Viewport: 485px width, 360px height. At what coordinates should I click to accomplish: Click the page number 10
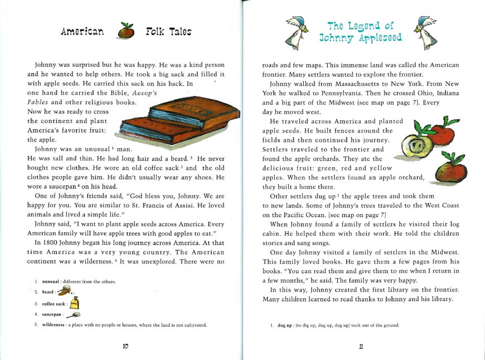(126, 346)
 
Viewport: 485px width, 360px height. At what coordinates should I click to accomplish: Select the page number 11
(362, 346)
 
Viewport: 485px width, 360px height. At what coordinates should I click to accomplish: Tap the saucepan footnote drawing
(73, 315)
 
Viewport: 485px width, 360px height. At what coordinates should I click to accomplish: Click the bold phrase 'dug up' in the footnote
(285, 325)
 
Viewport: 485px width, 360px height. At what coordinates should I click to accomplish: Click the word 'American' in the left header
(83, 32)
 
